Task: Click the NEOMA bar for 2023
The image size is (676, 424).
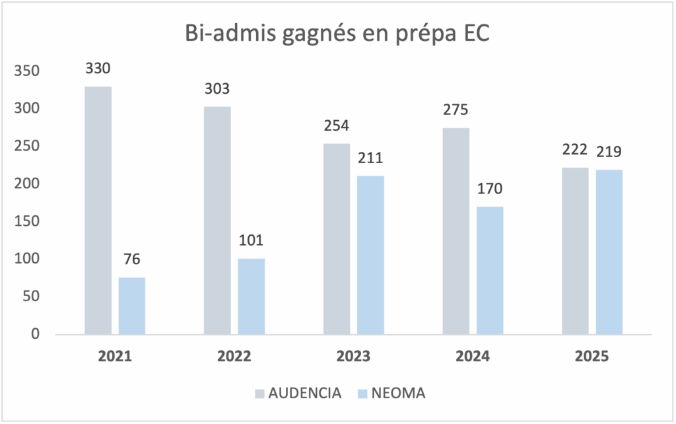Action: [x=370, y=255]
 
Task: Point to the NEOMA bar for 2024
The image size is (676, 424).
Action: [x=490, y=270]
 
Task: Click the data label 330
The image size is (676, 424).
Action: [x=97, y=69]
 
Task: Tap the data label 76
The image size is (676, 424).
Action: [x=131, y=259]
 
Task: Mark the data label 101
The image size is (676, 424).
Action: [x=251, y=240]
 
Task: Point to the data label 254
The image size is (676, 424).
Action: [x=337, y=125]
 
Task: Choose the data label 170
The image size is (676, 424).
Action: [x=490, y=188]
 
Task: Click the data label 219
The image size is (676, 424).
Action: [x=609, y=151]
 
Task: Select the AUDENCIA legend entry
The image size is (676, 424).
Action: [x=298, y=394]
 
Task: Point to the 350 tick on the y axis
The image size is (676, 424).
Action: [x=27, y=71]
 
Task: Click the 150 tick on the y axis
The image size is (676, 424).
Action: [x=27, y=221]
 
